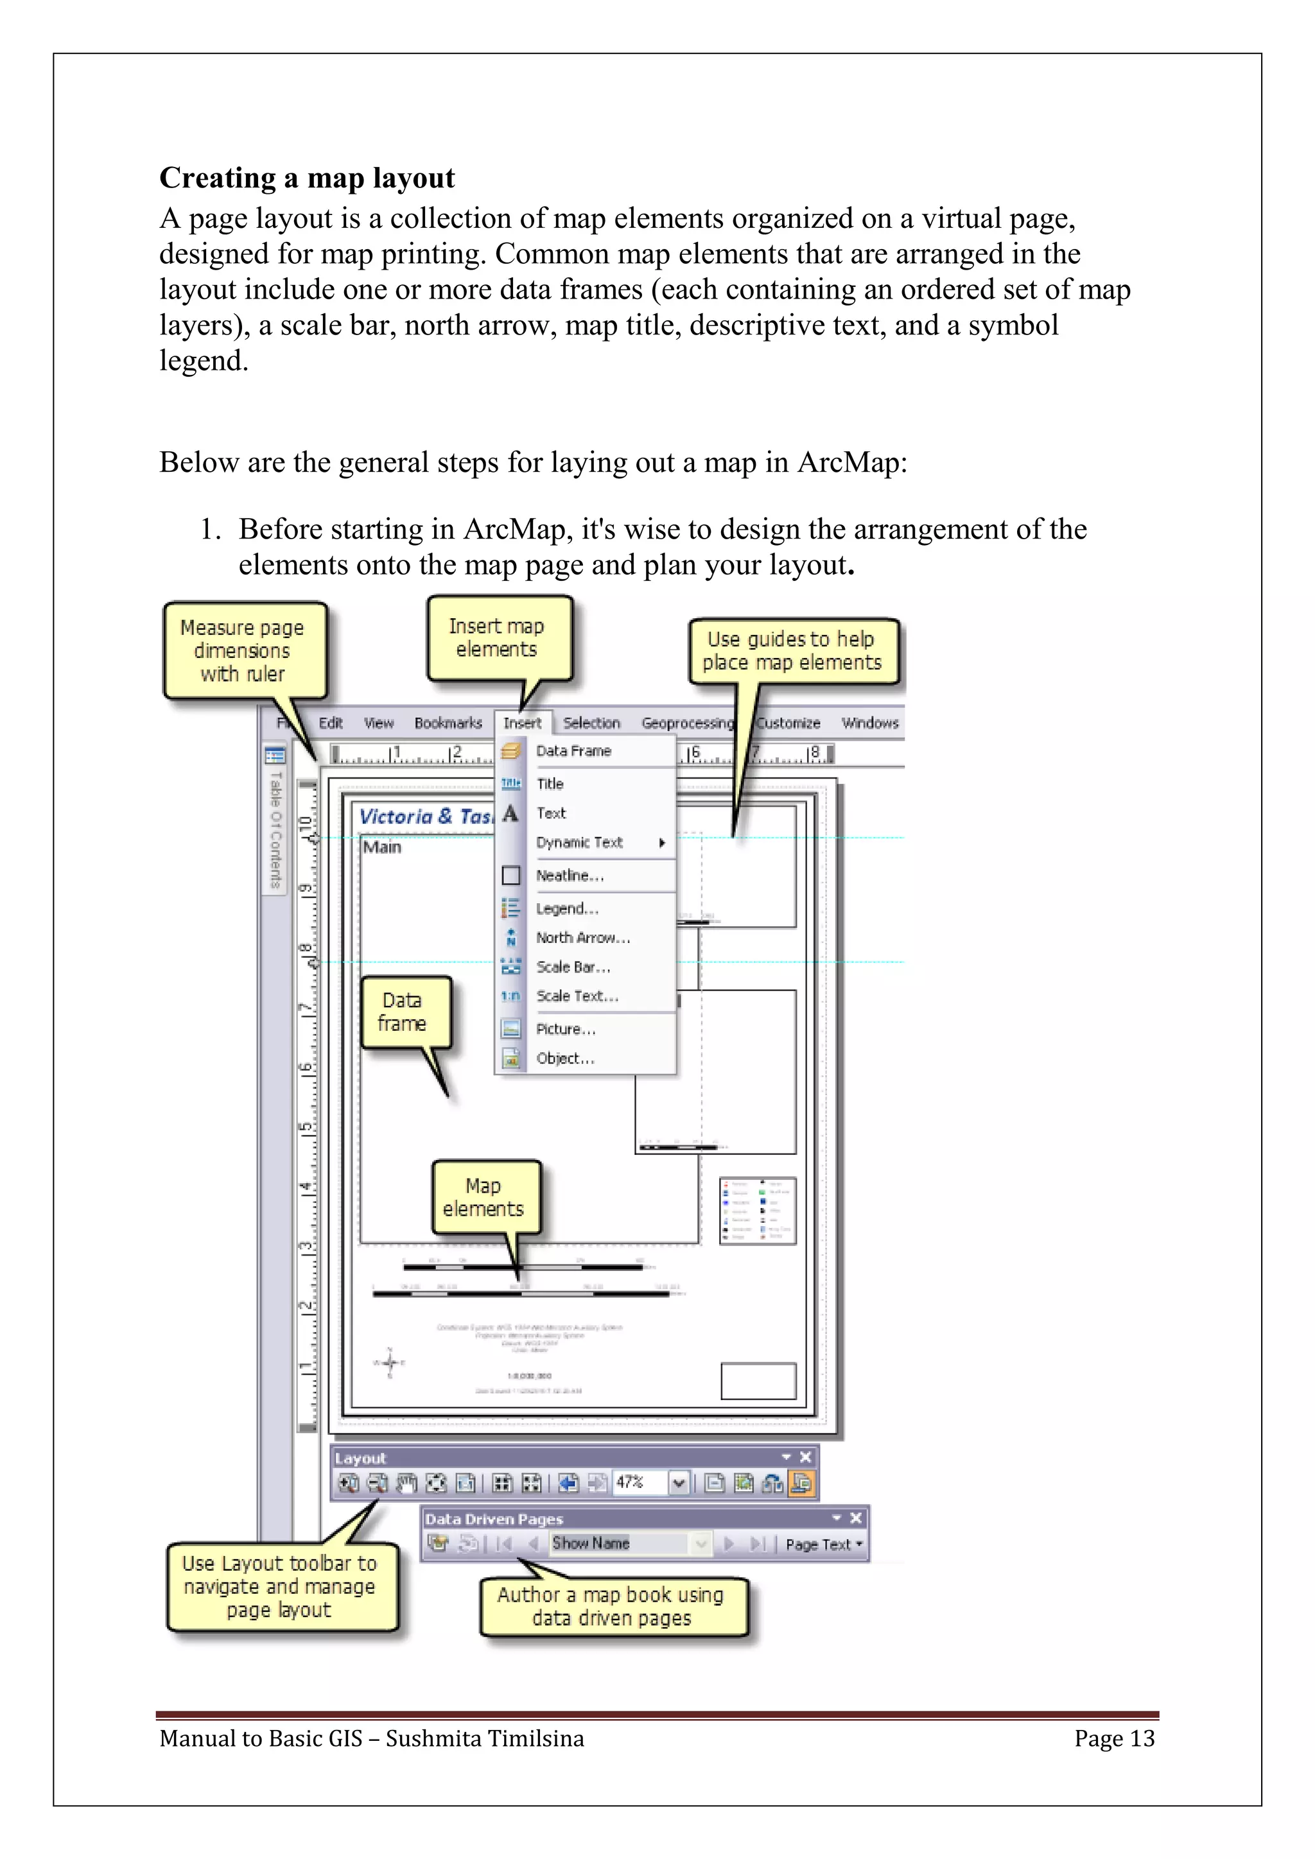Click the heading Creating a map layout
(307, 178)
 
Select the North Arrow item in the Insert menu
(582, 938)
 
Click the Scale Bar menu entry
(573, 967)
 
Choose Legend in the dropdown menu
(567, 908)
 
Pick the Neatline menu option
(570, 875)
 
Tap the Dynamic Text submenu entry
(580, 842)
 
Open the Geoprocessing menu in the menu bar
(686, 723)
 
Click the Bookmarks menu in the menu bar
(448, 723)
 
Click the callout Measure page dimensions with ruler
(243, 650)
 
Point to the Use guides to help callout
(791, 651)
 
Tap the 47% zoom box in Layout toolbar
(638, 1482)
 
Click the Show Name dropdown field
(620, 1543)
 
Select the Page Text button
(822, 1545)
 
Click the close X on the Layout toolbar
(805, 1457)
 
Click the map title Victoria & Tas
(425, 816)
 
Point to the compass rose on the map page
(390, 1363)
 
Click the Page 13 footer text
(1114, 1738)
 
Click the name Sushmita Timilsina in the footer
(484, 1738)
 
